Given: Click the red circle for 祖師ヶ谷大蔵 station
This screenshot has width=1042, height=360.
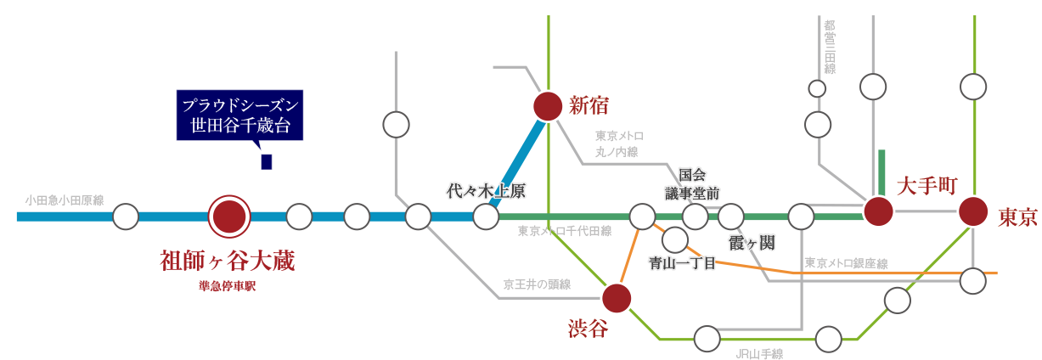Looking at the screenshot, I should [229, 217].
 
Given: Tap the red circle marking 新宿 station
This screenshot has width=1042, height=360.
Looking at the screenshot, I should [548, 105].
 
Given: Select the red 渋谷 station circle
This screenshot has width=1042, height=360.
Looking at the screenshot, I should [617, 298].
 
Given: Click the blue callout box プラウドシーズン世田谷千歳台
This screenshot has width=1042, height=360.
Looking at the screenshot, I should [240, 115].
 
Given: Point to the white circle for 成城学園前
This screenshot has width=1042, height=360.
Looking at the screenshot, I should [126, 217].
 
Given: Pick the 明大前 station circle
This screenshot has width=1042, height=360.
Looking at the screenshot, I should [396, 125].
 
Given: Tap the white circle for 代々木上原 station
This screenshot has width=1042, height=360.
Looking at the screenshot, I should [486, 217].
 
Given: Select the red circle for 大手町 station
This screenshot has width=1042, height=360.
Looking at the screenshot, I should [877, 211].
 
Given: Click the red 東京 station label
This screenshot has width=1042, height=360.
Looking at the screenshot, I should [1017, 217].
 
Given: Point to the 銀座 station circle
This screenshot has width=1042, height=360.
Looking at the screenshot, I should [973, 280].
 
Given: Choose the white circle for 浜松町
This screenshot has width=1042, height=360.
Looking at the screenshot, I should [897, 300].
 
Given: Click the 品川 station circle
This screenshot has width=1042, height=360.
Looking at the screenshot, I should [828, 340].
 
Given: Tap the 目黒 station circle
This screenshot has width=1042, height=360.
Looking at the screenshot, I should [707, 339].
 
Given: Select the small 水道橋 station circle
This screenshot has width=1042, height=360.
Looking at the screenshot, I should [817, 88].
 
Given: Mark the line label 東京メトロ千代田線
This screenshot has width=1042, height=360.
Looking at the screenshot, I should [564, 231].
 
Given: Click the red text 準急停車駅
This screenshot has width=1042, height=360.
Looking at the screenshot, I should [227, 287].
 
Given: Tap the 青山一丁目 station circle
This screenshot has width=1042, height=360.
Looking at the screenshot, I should [675, 240].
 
